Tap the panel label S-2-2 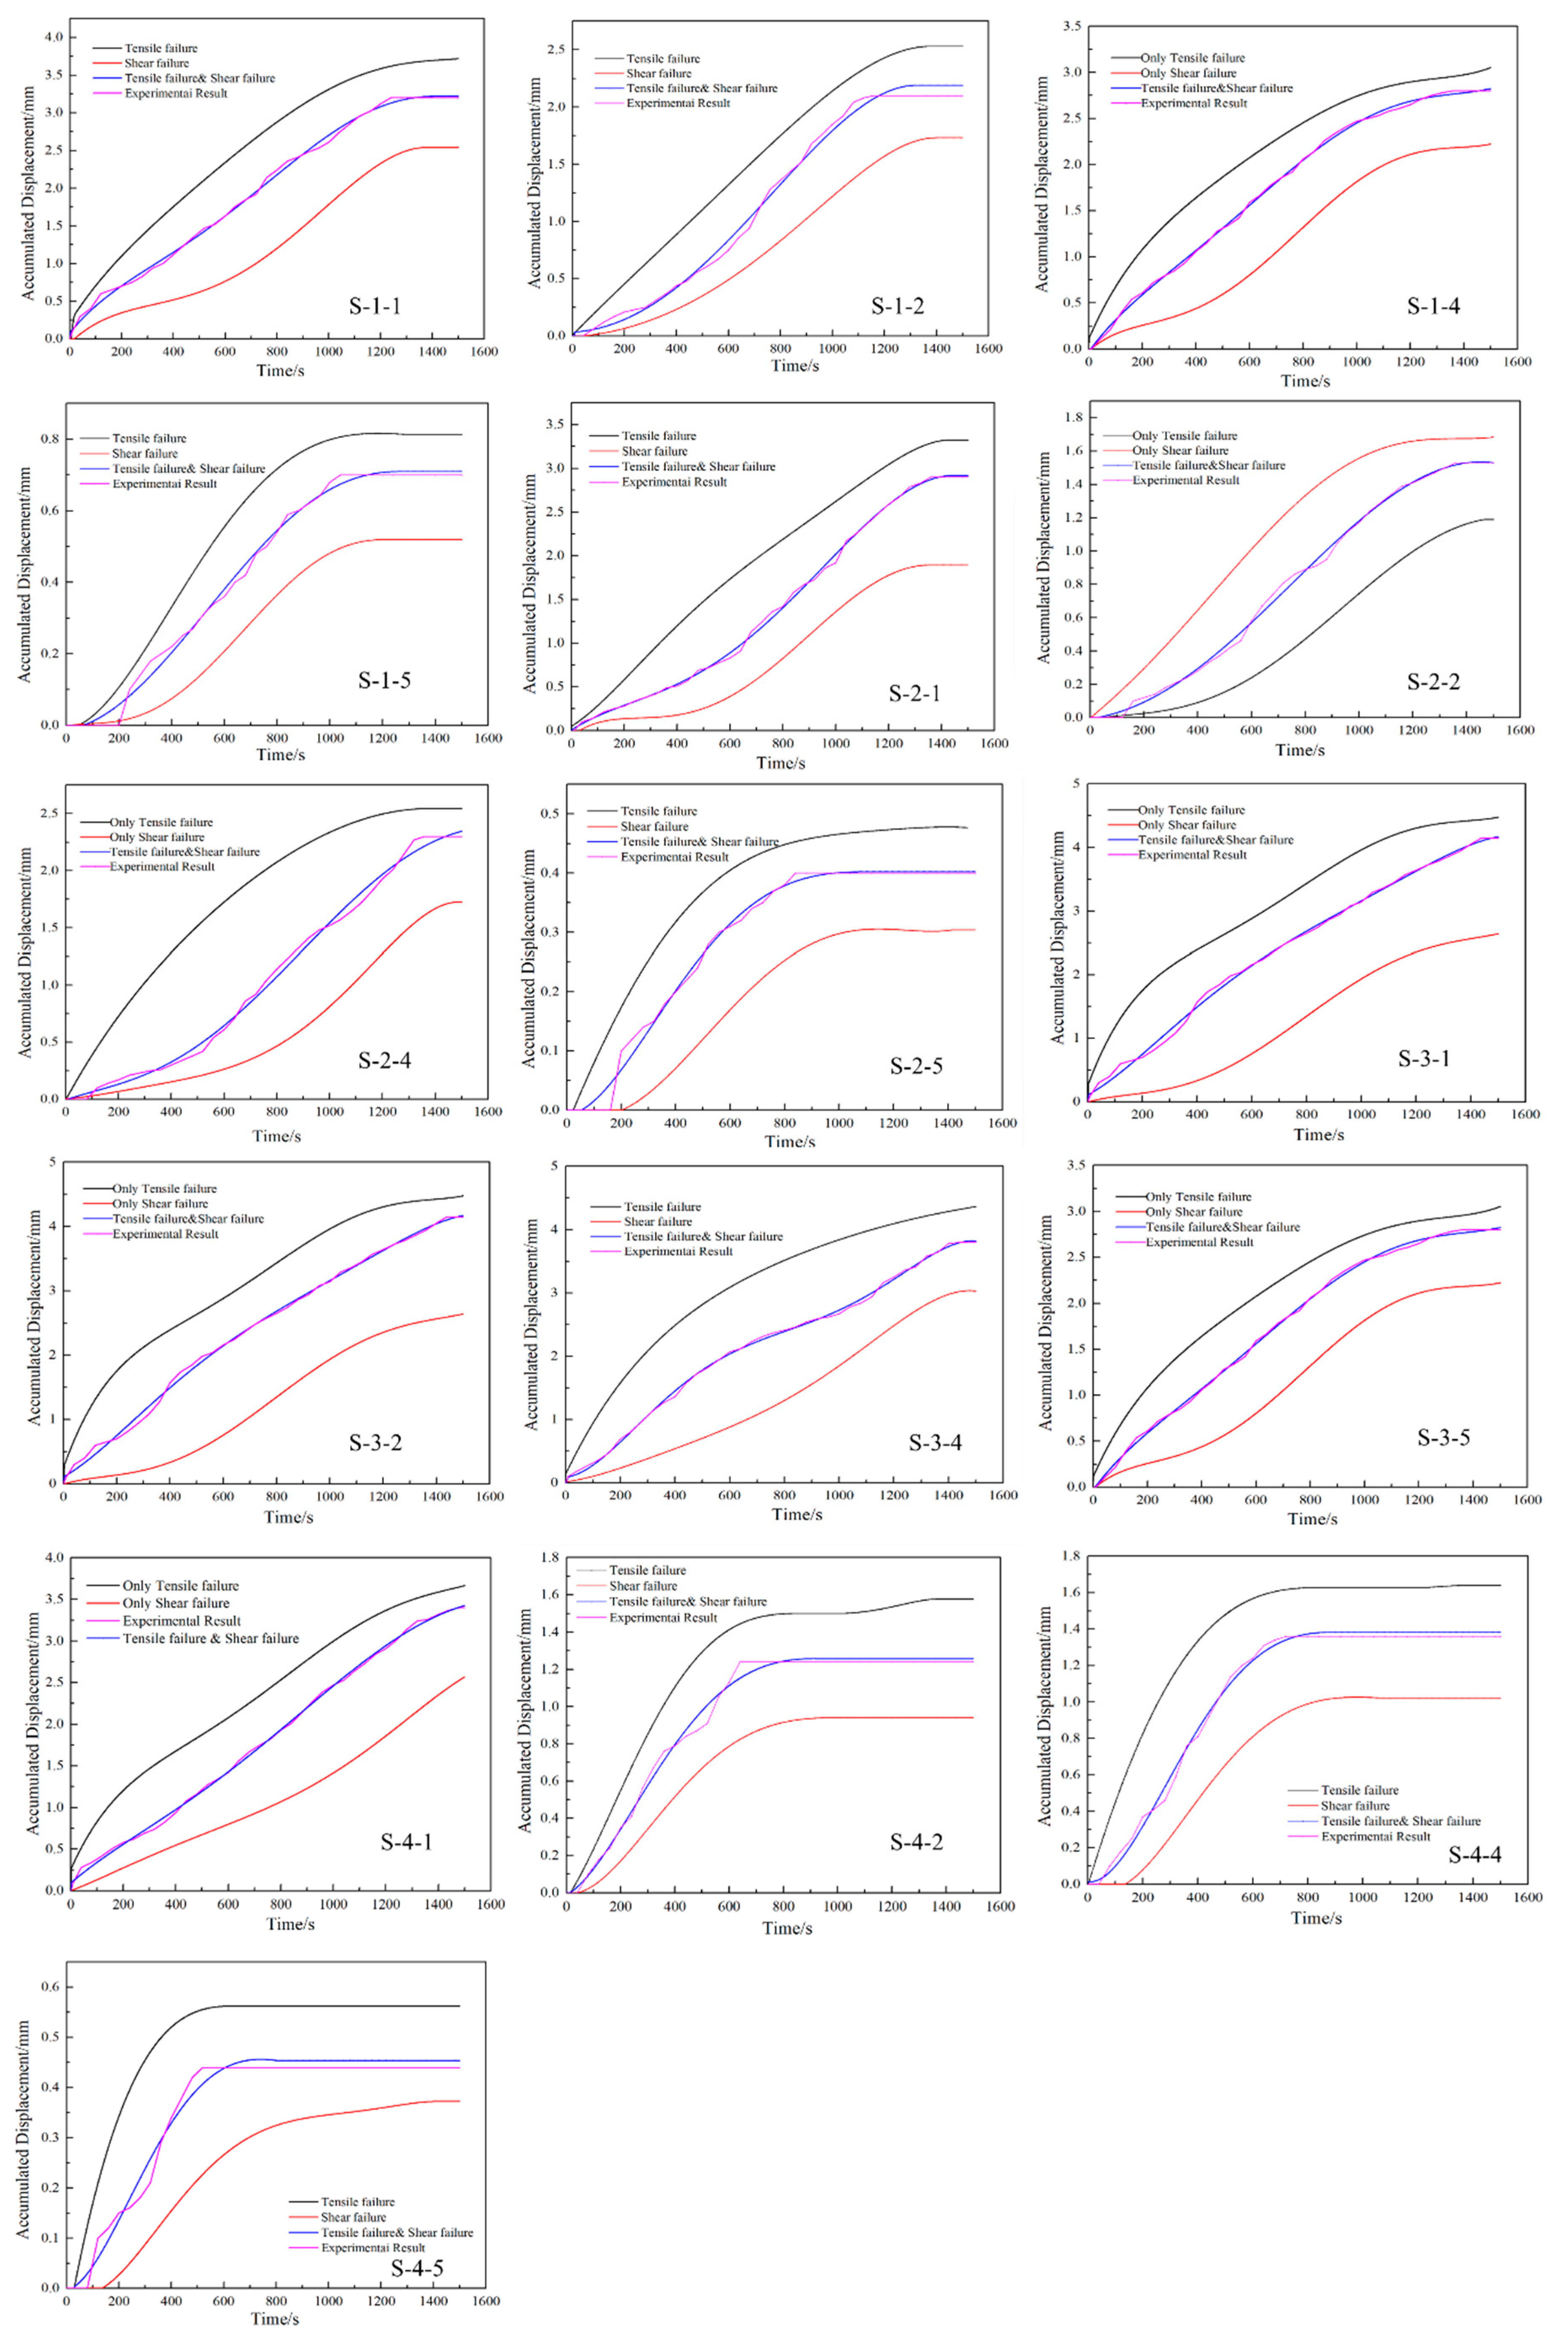pyautogui.click(x=1434, y=682)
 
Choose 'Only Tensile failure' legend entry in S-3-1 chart pyautogui.click(x=1191, y=810)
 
